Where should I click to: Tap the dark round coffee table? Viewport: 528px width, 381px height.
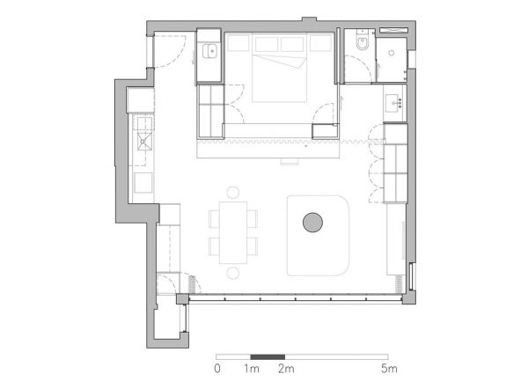pos(312,223)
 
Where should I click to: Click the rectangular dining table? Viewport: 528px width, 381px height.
pos(233,232)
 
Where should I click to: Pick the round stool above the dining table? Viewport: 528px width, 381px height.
pos(232,193)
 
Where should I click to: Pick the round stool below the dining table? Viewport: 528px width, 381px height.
pos(232,273)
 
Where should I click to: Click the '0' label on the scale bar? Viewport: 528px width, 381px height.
pos(217,369)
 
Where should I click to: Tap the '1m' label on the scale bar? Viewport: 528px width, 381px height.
pos(252,369)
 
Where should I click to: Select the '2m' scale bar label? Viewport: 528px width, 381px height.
pos(286,369)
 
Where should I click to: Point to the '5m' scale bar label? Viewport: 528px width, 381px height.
pos(389,369)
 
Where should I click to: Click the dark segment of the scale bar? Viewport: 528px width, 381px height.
pos(268,357)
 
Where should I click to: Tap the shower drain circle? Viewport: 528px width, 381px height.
pos(392,53)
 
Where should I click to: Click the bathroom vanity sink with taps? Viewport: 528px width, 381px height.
pos(394,103)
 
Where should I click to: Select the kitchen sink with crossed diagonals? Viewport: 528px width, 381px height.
pos(144,142)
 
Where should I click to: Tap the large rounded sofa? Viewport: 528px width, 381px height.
pos(319,236)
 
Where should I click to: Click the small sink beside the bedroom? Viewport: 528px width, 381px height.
pos(209,51)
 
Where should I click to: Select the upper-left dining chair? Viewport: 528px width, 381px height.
pos(214,219)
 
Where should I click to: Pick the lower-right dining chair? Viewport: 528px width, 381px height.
pos(253,246)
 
